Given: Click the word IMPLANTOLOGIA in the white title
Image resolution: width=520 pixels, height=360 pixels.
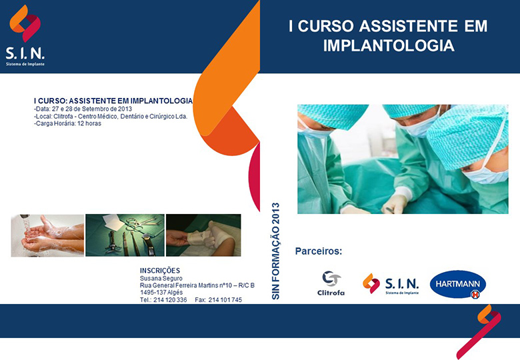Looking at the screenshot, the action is (389, 45).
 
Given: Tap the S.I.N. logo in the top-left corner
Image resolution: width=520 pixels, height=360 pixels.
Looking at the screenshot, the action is (25, 35).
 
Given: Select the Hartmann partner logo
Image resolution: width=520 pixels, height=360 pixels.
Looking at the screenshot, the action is (457, 284).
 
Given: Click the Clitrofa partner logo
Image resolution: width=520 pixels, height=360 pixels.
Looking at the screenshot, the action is (331, 283).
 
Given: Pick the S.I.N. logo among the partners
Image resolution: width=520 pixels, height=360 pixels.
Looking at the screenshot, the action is (391, 284).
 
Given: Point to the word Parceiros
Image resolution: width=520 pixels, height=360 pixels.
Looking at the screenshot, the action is (319, 251).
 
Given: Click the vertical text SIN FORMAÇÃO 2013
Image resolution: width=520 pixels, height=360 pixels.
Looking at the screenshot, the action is (275, 251).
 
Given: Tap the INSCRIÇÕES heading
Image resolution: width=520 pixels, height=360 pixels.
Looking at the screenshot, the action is (160, 271).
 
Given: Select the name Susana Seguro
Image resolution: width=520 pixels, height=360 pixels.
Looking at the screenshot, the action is (161, 278).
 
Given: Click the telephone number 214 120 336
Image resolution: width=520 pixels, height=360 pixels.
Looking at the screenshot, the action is (170, 300).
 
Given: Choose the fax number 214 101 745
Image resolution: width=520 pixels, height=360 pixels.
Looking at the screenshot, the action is (225, 300).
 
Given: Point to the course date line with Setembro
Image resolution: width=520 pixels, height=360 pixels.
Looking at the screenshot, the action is (83, 109).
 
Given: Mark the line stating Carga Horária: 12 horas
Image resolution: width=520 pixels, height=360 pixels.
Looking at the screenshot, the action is (67, 123).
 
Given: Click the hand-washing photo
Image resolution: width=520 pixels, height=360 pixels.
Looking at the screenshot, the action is (47, 235).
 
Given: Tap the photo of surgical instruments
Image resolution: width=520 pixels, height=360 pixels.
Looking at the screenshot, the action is (125, 235).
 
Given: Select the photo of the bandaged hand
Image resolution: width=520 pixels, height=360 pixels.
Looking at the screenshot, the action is (203, 235).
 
